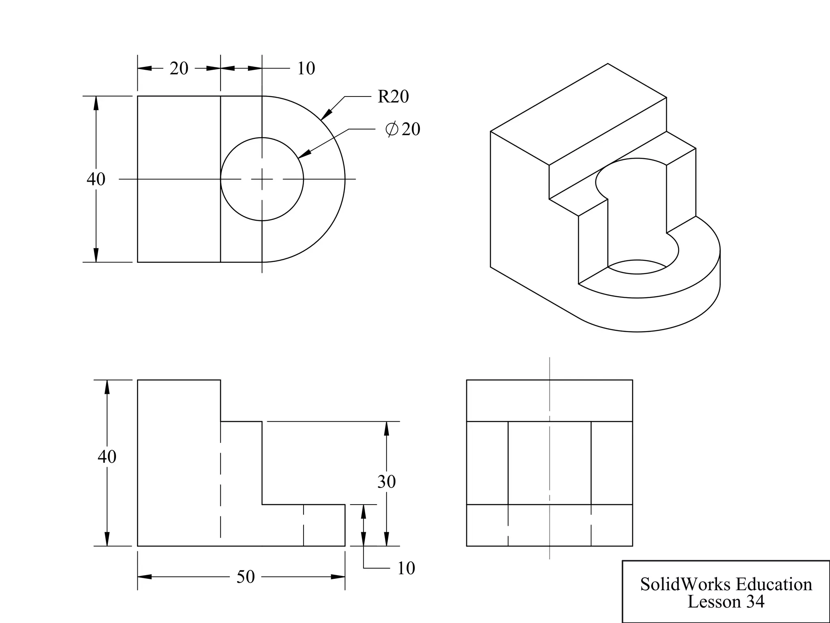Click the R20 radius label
[393, 97]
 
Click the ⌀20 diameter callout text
[403, 129]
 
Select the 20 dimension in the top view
[179, 69]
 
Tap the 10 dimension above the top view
[306, 69]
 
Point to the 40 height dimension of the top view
[96, 179]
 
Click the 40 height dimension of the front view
[107, 457]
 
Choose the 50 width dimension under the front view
[246, 577]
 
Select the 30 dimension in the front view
[386, 482]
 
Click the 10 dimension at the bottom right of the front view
[406, 568]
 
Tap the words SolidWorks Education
[726, 584]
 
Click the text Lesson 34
[726, 602]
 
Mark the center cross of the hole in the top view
[262, 179]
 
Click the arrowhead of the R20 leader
[325, 116]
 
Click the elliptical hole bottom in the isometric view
[637, 267]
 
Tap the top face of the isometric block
[579, 114]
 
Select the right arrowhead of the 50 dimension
[340, 577]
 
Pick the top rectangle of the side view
[549, 401]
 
